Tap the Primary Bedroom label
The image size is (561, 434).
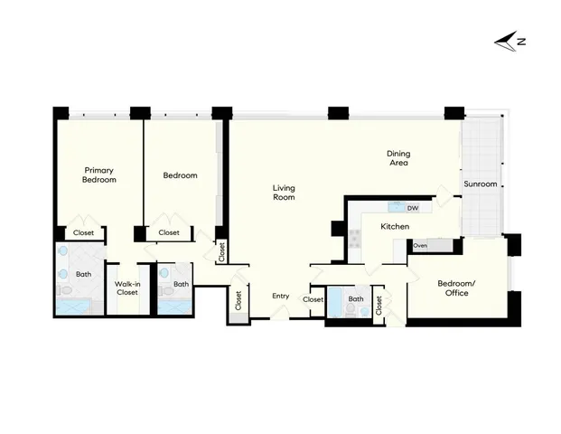(x=99, y=175)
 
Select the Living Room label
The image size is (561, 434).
(x=285, y=193)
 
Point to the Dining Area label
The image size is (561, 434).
(x=398, y=158)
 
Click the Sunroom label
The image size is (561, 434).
(x=480, y=184)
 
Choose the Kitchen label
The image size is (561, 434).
(x=395, y=226)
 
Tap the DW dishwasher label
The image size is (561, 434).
(x=412, y=208)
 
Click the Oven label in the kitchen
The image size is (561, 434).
(x=420, y=245)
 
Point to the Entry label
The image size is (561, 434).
(x=281, y=297)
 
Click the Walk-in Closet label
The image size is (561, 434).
(x=126, y=288)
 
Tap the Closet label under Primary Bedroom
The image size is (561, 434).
(x=83, y=232)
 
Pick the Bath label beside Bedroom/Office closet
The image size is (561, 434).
(x=356, y=299)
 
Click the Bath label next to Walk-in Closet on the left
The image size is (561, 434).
(x=83, y=274)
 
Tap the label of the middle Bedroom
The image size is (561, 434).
(x=179, y=175)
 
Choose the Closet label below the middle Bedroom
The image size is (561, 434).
(x=169, y=232)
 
